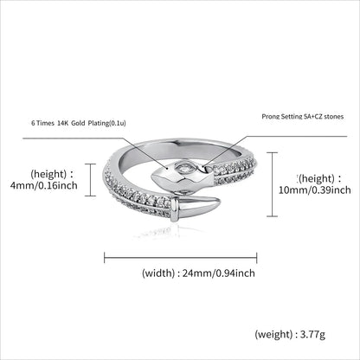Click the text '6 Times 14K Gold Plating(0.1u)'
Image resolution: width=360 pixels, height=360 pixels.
pyautogui.click(x=79, y=123)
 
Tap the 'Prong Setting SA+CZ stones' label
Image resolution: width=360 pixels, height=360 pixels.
pyautogui.click(x=303, y=117)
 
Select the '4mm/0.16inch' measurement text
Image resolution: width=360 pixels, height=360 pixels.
pyautogui.click(x=44, y=185)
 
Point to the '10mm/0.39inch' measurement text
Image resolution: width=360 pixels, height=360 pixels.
pyautogui.click(x=315, y=190)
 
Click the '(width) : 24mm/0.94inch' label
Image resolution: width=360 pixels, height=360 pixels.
pyautogui.click(x=198, y=273)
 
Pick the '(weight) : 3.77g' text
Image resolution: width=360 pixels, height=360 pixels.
pyautogui.click(x=290, y=335)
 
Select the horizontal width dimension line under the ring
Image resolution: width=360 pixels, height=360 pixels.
pyautogui.click(x=181, y=257)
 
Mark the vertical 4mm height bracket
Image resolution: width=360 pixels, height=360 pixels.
pyautogui.click(x=91, y=180)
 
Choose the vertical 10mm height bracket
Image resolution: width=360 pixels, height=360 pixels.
pyautogui.click(x=272, y=184)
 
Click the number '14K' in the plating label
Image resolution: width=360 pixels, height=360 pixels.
pyautogui.click(x=62, y=123)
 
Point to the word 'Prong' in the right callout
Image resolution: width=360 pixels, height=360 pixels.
pyautogui.click(x=269, y=117)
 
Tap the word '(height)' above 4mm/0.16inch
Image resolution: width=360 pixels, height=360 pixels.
pyautogui.click(x=48, y=174)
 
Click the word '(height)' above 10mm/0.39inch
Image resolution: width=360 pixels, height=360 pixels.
pyautogui.click(x=317, y=179)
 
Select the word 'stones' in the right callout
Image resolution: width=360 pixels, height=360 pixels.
pyautogui.click(x=334, y=117)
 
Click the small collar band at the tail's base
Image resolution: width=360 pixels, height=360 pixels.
pyautogui.click(x=173, y=209)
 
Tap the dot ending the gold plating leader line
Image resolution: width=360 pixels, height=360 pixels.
pyautogui.click(x=167, y=167)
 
